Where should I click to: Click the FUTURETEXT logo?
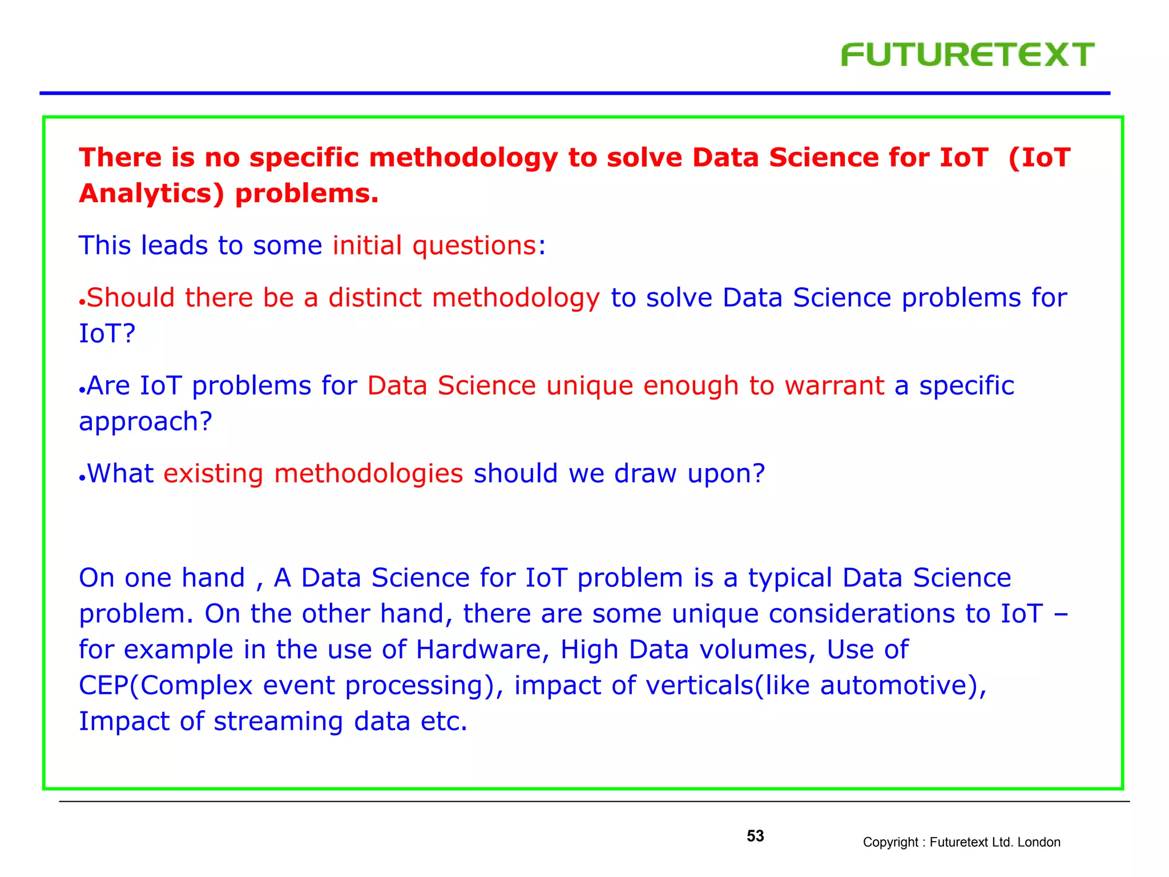pos(967,55)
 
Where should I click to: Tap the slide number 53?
pos(755,836)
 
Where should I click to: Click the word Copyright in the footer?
pos(889,842)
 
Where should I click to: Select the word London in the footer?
pos(1039,842)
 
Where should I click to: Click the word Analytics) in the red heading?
pos(152,194)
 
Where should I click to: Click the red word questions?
pos(474,246)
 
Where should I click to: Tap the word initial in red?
pos(367,246)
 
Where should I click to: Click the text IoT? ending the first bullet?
pos(107,334)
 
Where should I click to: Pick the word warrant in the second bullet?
pos(834,386)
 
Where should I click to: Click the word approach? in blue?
pos(146,422)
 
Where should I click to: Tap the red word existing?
pos(213,474)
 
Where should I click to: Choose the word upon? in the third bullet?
pos(725,474)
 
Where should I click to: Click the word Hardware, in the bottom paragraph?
pos(482,650)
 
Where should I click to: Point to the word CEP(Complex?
pos(166,686)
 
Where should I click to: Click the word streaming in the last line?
pos(278,722)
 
